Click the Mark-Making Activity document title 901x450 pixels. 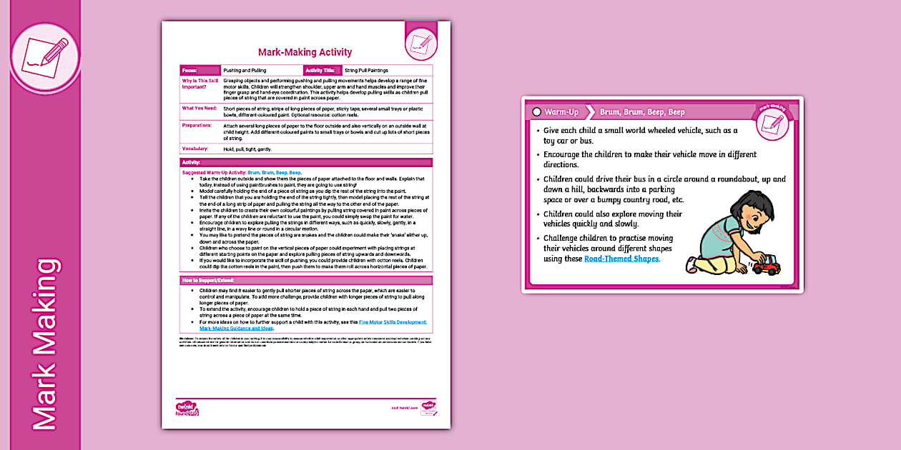pos(305,52)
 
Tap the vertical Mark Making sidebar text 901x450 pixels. pos(44,344)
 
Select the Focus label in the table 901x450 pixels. pos(190,71)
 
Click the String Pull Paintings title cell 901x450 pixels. pos(366,71)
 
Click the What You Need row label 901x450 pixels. pos(198,108)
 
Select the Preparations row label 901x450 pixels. pos(197,125)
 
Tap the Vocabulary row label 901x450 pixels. pos(195,149)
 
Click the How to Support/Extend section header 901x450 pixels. pos(207,279)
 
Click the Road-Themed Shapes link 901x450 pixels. pos(621,259)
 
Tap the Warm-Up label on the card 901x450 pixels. pos(561,112)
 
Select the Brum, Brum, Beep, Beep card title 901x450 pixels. pos(642,112)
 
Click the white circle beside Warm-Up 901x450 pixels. pos(536,112)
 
